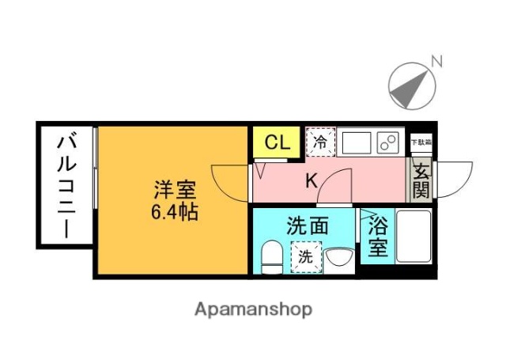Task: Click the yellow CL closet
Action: pyautogui.click(x=276, y=142)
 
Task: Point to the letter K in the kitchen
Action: pyautogui.click(x=312, y=181)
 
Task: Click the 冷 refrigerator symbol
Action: pyautogui.click(x=321, y=142)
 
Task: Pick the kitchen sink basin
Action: pyautogui.click(x=355, y=142)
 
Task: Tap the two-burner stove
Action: pyautogui.click(x=388, y=142)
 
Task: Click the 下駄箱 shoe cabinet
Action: pyautogui.click(x=421, y=142)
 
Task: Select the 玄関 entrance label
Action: pyautogui.click(x=421, y=180)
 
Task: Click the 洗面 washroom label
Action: pyautogui.click(x=307, y=225)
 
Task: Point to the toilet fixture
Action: pyautogui.click(x=271, y=256)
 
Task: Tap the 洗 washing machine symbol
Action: pyautogui.click(x=305, y=256)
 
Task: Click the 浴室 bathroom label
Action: pyautogui.click(x=377, y=236)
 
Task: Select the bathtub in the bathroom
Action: pyautogui.click(x=413, y=236)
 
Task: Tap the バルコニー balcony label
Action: pyautogui.click(x=66, y=187)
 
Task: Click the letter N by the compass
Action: pyautogui.click(x=436, y=60)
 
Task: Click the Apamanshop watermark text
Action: pyautogui.click(x=253, y=309)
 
